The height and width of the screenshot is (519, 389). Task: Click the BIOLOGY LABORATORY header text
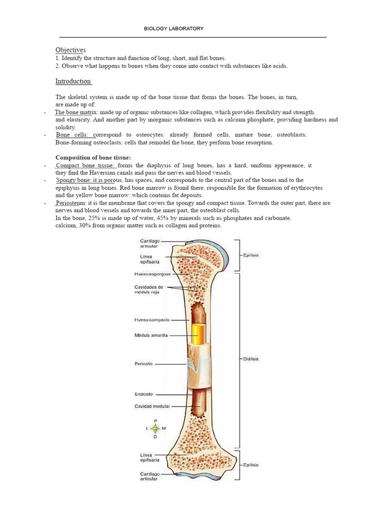click(174, 29)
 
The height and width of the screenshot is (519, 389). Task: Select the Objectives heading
click(70, 50)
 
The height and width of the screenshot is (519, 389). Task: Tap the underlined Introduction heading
click(73, 81)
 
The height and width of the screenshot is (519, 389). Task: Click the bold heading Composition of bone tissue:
click(93, 158)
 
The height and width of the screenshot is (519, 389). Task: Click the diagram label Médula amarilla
click(151, 335)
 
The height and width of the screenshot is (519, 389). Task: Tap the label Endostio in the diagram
click(143, 394)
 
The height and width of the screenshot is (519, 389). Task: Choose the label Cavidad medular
click(152, 406)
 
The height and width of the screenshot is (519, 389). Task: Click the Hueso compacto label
click(152, 320)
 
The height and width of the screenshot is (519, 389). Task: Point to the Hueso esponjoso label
click(152, 274)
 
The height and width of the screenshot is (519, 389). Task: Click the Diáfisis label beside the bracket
click(251, 359)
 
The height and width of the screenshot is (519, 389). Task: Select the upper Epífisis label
click(251, 255)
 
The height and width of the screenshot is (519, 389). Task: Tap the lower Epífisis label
click(251, 465)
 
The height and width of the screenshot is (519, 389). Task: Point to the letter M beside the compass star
click(164, 429)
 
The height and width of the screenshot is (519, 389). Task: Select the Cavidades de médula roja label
click(148, 289)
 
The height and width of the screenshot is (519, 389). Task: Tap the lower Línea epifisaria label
click(149, 458)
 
